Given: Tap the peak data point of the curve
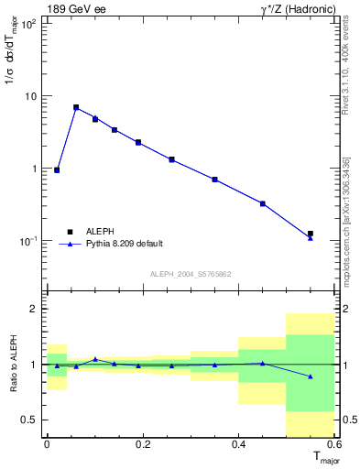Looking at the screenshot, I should (x=76, y=107).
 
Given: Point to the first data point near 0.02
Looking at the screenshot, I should (x=57, y=169).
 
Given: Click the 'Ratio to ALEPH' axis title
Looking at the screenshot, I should (x=12, y=365).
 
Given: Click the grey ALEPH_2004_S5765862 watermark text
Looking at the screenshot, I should (x=190, y=274).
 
